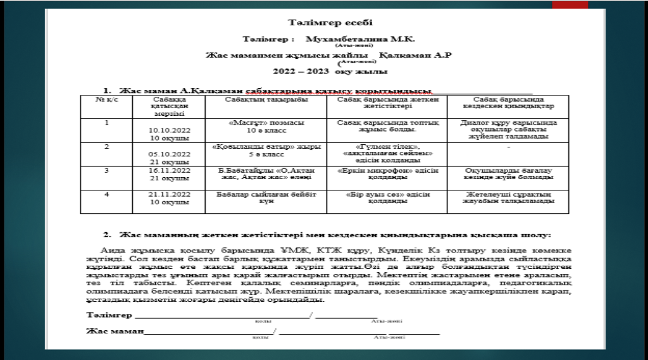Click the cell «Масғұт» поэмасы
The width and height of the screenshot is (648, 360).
click(x=266, y=122)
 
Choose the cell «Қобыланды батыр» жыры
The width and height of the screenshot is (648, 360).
click(x=266, y=146)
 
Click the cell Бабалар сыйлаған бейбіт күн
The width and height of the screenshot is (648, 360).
click(x=266, y=197)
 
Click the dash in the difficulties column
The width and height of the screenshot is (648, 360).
click(x=509, y=146)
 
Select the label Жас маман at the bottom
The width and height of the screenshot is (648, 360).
click(x=115, y=330)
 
